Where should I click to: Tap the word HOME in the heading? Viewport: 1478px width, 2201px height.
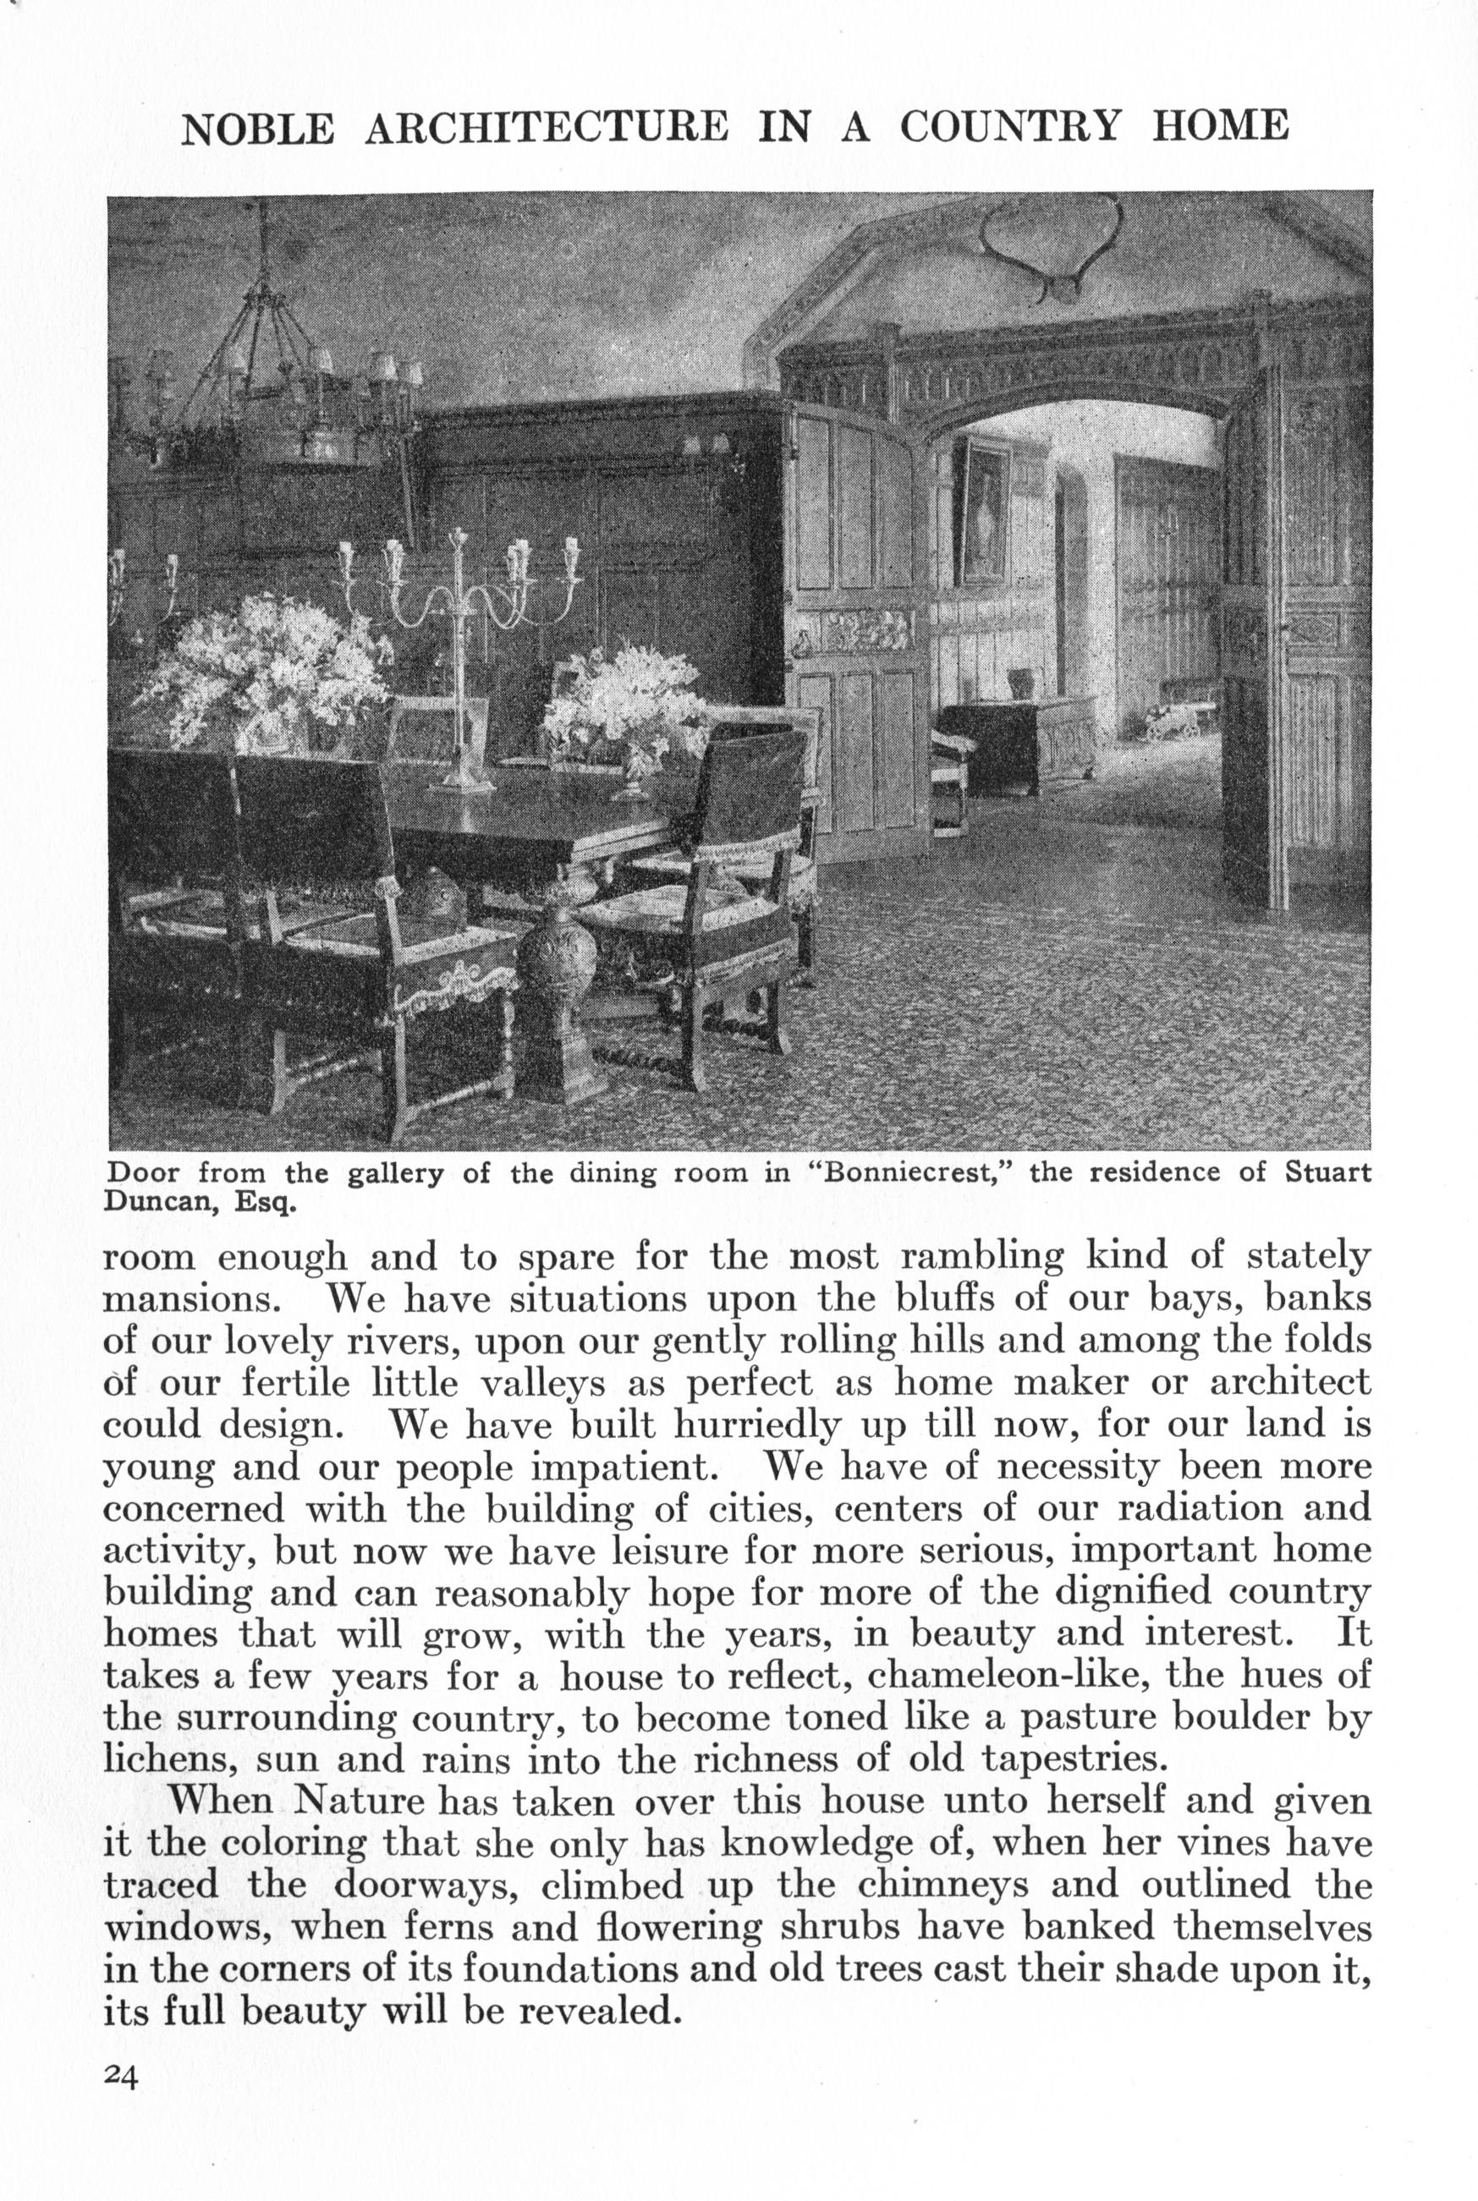[x=1220, y=125]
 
